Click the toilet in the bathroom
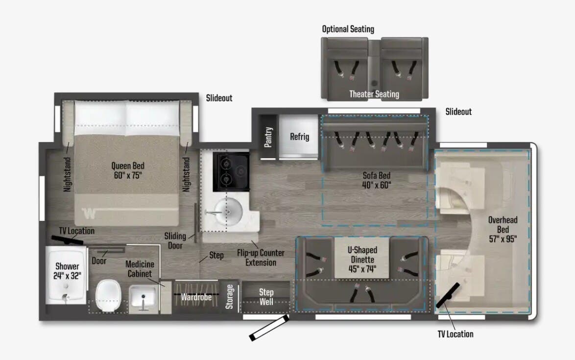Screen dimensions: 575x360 click(108, 295)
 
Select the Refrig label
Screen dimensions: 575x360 click(300, 137)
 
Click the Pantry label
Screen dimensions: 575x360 click(268, 137)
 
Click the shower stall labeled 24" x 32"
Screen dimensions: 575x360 click(67, 275)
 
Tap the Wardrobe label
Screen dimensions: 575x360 click(196, 297)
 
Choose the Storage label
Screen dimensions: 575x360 click(230, 297)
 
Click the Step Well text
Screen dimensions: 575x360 click(266, 297)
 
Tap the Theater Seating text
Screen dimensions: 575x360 click(374, 94)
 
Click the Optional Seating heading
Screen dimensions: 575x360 click(348, 29)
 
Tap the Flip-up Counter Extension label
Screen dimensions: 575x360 click(261, 258)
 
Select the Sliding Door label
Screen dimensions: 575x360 click(175, 241)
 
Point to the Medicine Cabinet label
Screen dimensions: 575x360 click(140, 269)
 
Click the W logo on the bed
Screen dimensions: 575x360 click(89, 214)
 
